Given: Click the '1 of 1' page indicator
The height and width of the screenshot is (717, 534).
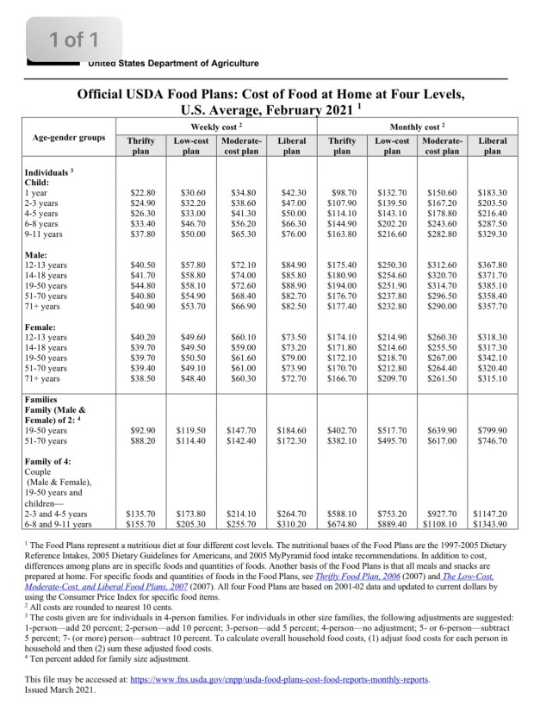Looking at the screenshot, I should tap(74, 39).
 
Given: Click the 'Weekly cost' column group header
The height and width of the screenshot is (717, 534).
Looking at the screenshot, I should tap(216, 126).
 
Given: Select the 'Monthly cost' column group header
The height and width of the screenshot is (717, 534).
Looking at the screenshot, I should tap(417, 126).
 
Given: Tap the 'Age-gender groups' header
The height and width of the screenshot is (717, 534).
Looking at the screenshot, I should tap(69, 138).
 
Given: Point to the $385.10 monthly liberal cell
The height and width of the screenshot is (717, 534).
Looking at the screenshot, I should tap(492, 285).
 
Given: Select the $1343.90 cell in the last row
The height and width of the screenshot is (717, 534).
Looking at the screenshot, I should tap(492, 523).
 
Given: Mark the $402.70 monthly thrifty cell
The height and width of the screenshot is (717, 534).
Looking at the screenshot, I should tap(342, 430).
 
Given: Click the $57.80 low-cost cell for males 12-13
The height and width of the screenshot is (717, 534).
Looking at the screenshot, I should tap(190, 265).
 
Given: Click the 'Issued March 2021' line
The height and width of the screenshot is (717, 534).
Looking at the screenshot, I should tap(60, 690).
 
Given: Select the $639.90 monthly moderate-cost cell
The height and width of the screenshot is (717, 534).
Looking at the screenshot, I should tap(441, 430).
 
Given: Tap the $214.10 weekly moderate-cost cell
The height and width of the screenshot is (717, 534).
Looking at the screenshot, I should tap(241, 513).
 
